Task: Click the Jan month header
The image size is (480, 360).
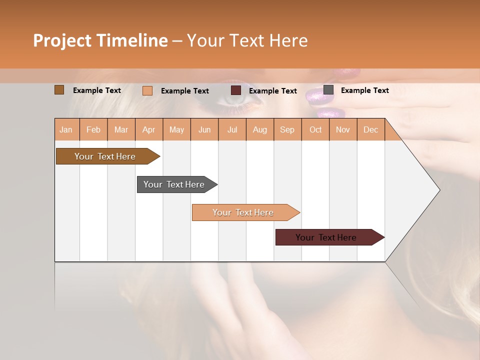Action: tap(66, 129)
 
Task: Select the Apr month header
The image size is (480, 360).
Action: tap(148, 129)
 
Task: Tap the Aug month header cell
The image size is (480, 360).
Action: tap(259, 129)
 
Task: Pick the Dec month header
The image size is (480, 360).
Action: tap(370, 129)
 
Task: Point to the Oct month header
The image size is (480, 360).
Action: tap(315, 129)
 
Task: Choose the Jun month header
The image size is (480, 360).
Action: tap(204, 129)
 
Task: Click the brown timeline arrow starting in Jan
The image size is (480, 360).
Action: tap(105, 156)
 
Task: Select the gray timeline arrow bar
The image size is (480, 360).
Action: tap(174, 184)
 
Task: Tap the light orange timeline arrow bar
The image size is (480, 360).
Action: tap(243, 212)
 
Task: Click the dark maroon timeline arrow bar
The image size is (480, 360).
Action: tap(326, 237)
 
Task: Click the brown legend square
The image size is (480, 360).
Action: tap(59, 90)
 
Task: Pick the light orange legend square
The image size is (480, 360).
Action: tap(147, 90)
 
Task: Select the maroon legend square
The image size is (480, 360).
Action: tap(235, 90)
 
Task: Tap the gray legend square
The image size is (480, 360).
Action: tap(328, 90)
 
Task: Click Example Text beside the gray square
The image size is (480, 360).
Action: tap(364, 90)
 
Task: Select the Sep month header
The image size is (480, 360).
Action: tap(287, 129)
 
